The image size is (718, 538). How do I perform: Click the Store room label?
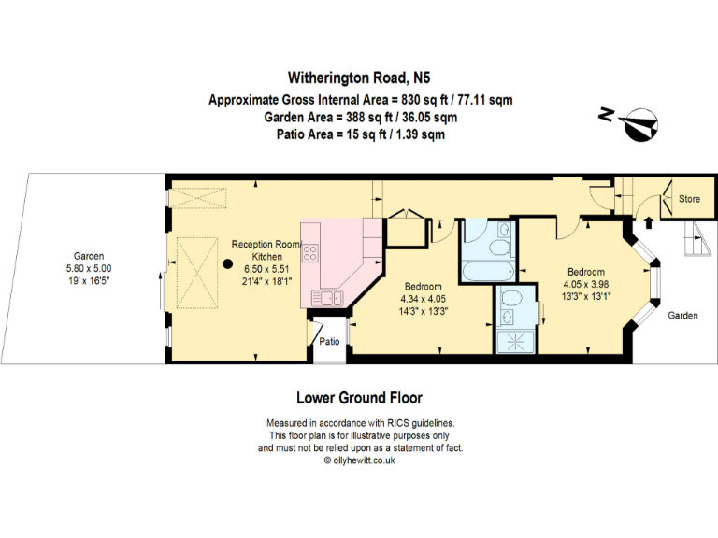[689, 199]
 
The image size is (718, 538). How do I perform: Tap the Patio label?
[329, 341]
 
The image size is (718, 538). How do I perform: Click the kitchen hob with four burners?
[310, 252]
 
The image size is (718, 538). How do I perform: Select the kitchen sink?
[327, 298]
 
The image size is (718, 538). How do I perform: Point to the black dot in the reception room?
[227, 264]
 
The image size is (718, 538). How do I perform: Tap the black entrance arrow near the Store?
[649, 222]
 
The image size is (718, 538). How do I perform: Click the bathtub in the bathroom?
[488, 271]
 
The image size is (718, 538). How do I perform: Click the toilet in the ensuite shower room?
[511, 298]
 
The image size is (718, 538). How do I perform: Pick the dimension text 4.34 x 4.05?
[423, 299]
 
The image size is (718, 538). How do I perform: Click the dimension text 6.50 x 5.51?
[266, 269]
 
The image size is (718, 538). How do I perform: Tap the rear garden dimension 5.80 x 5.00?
[89, 269]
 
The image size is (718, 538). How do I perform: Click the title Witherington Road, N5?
[359, 78]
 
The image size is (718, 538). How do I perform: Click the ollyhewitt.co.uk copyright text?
[359, 460]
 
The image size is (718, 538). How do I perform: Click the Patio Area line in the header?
[360, 134]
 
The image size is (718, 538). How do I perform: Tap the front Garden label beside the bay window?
[682, 315]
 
